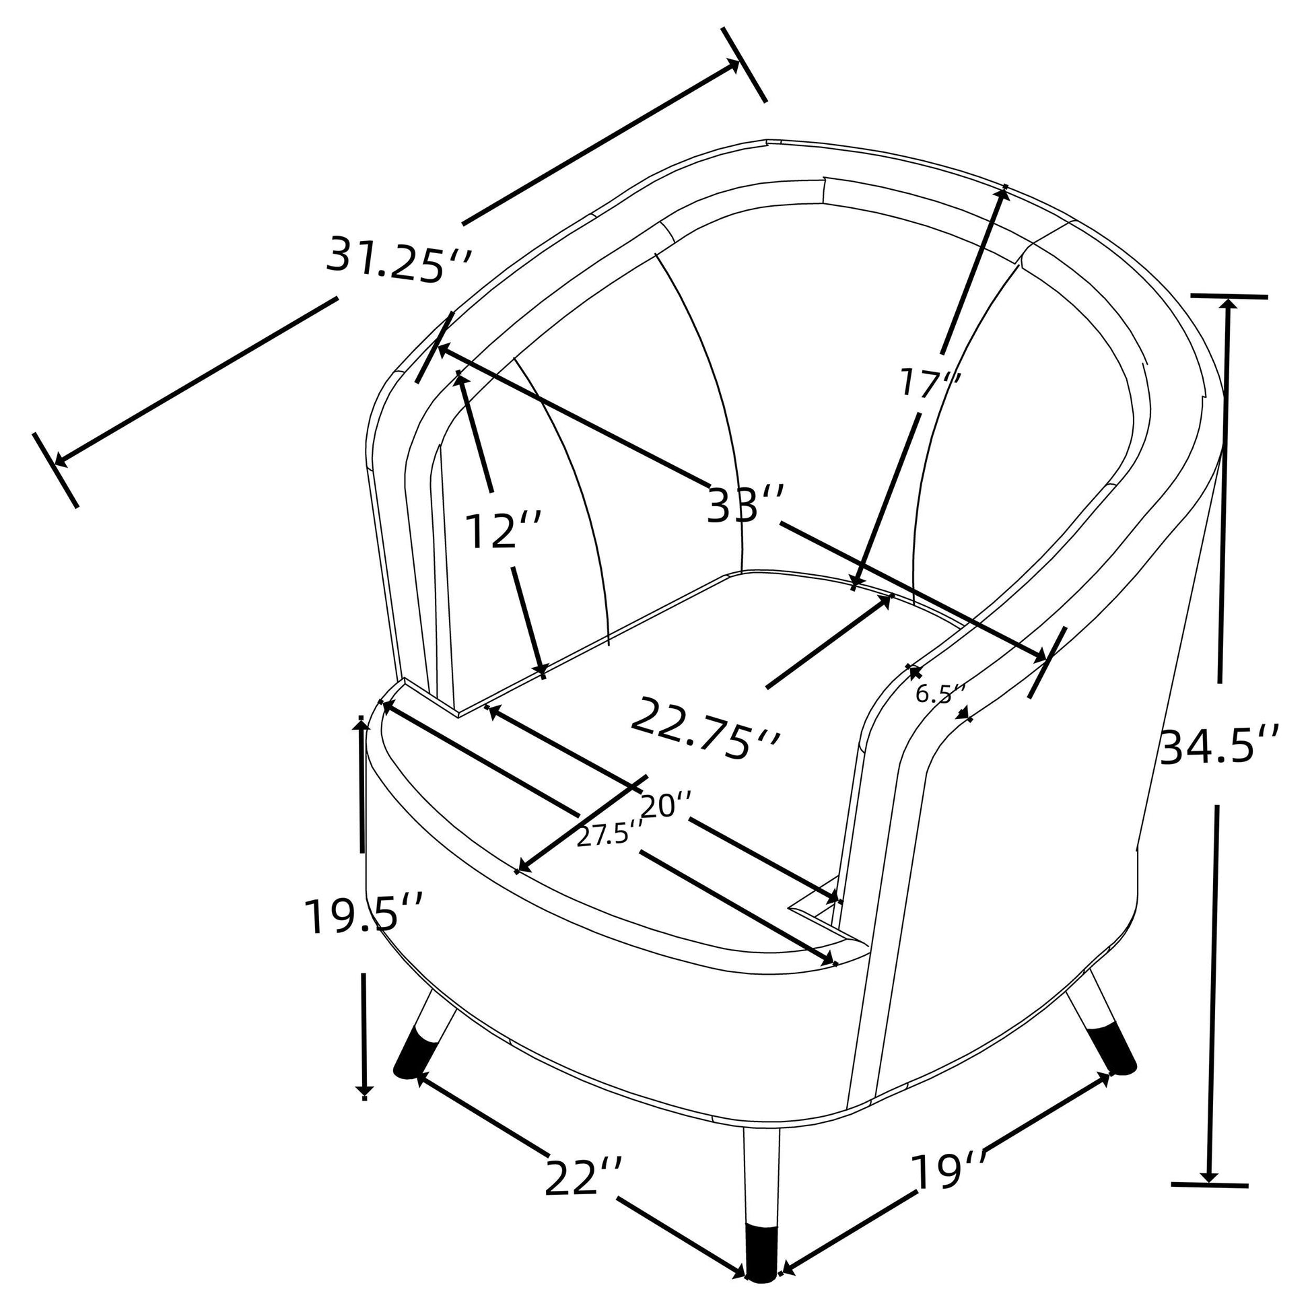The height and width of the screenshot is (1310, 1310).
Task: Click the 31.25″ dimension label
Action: [398, 261]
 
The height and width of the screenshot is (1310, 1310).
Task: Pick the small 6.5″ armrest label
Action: [940, 694]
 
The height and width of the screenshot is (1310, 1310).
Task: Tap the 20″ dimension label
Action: [666, 805]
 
